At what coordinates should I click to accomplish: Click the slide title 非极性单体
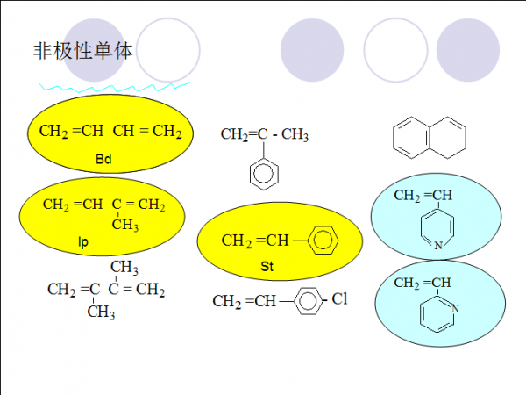pos(82,51)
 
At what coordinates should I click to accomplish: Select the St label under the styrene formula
pos(267,265)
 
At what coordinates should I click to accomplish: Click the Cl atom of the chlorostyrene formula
pos(339,300)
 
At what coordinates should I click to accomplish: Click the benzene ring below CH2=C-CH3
pos(264,172)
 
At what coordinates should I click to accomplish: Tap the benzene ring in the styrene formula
pos(323,240)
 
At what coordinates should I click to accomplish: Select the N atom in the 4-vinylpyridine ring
pos(438,247)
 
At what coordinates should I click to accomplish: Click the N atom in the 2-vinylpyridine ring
pos(454,308)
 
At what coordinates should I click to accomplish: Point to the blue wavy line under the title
pos(114,86)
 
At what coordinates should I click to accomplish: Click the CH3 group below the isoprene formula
pos(125,226)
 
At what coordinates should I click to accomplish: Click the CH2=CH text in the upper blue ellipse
pos(423,195)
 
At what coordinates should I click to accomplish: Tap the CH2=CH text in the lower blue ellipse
pos(423,283)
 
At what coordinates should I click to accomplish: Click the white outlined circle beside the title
pos(169,50)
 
